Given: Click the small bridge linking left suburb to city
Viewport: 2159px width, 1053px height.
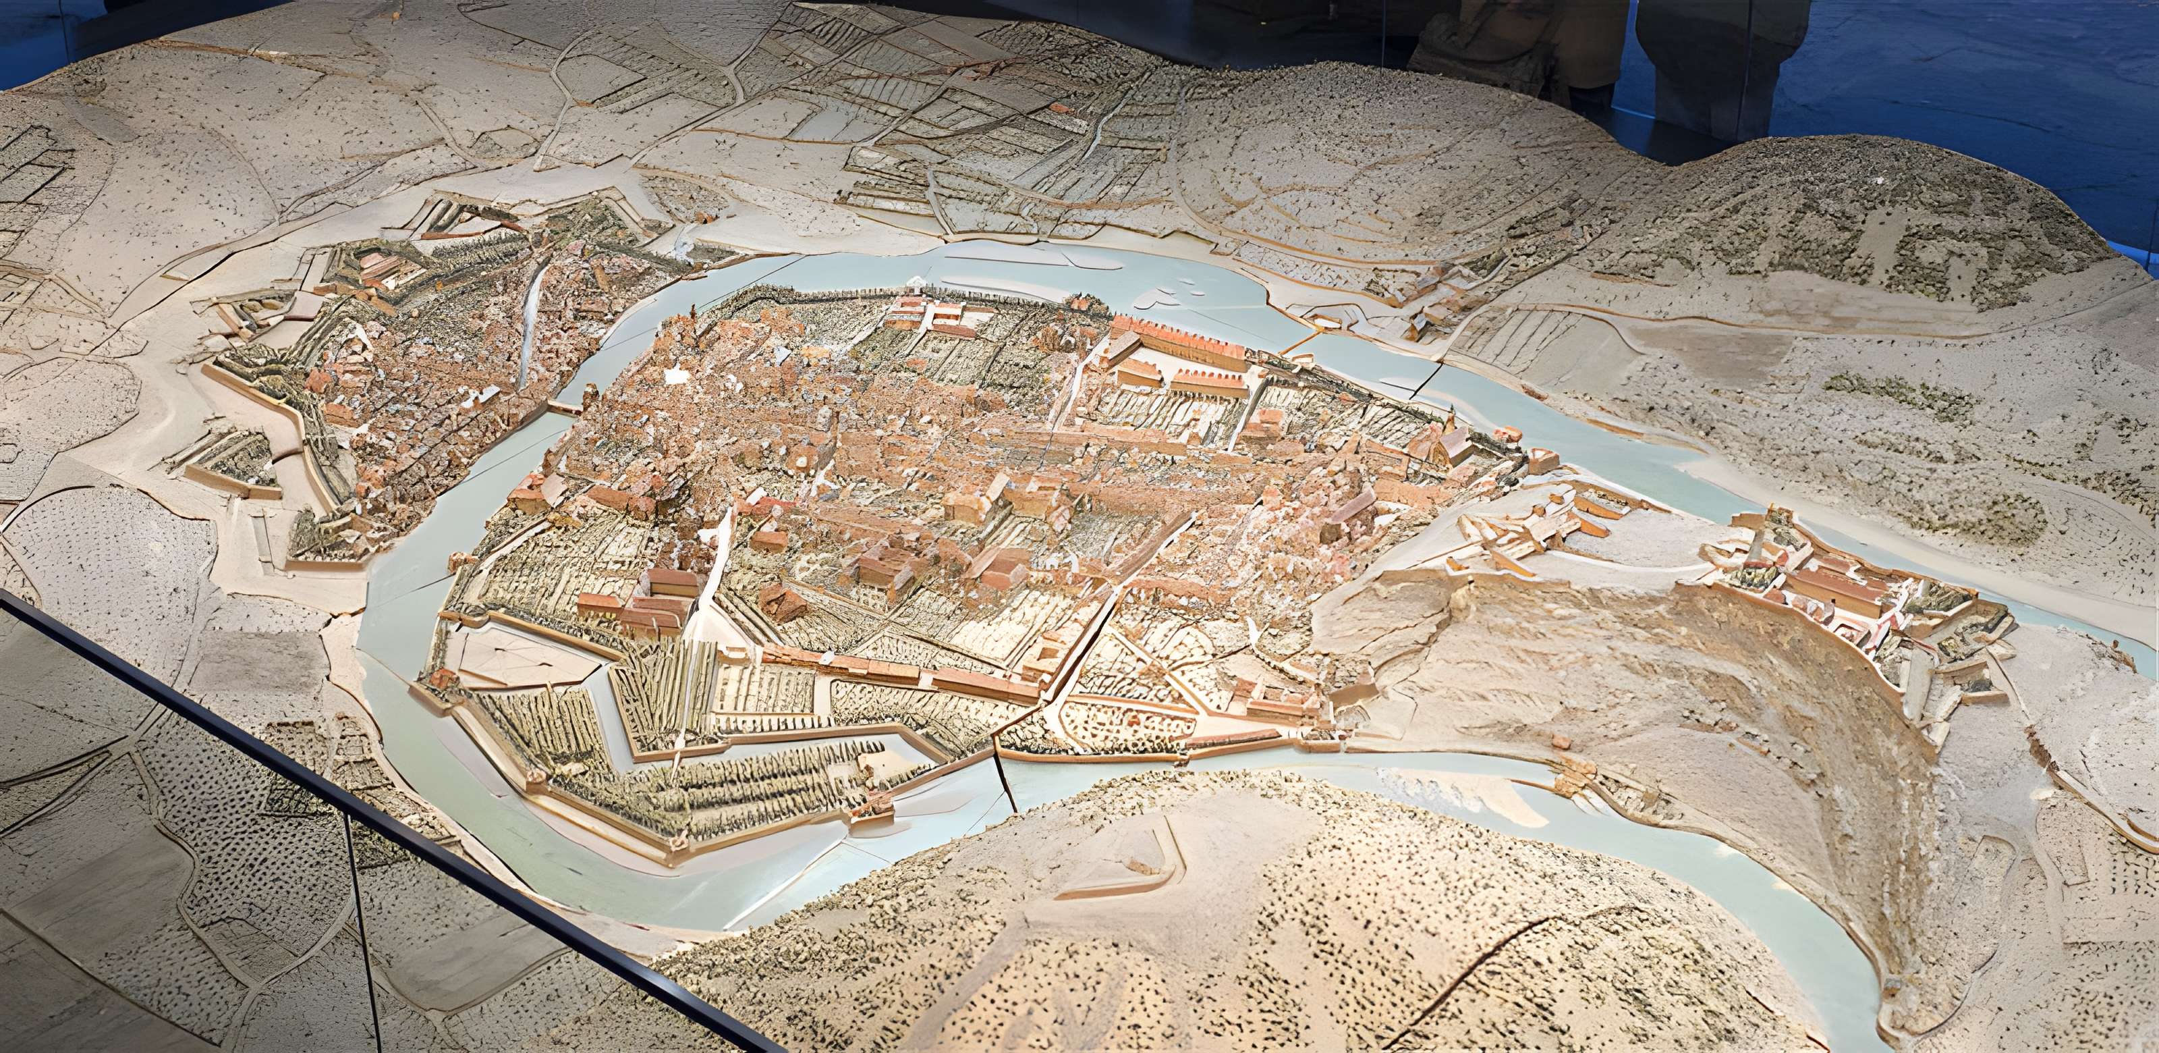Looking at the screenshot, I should tap(564, 408).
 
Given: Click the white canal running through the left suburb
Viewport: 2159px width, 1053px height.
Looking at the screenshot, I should tap(530, 323).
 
